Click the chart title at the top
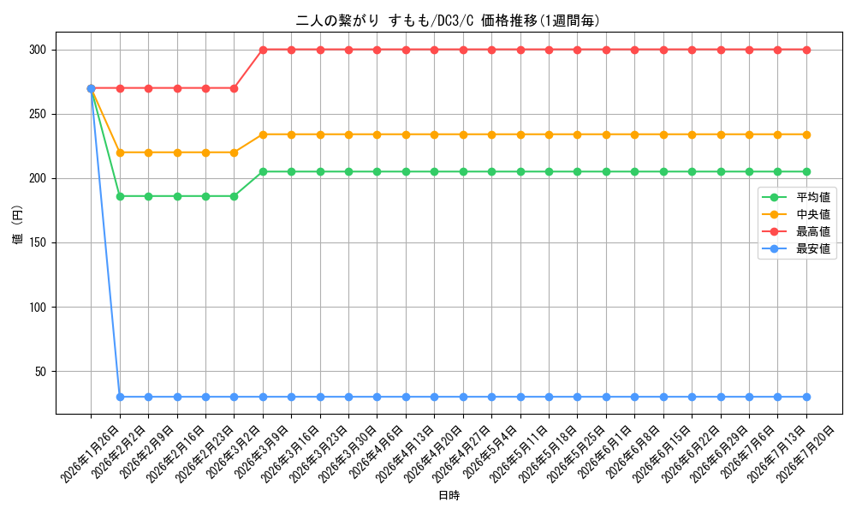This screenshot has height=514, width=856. point(448,21)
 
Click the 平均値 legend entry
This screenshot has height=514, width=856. point(797,197)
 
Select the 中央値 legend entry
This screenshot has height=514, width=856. point(797,215)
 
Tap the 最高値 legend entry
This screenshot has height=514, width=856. point(797,232)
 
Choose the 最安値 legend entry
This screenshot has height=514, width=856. point(797,249)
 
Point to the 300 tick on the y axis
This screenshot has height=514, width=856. point(38,51)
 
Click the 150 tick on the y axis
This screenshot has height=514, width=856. point(38,243)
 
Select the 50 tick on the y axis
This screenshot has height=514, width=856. point(41,372)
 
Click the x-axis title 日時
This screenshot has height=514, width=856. point(449,495)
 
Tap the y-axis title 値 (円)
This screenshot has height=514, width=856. point(18,224)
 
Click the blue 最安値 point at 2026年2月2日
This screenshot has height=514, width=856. point(120,397)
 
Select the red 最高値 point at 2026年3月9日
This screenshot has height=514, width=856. point(263,51)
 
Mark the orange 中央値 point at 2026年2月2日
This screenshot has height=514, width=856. point(120,153)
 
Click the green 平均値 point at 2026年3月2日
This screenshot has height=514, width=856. point(235,197)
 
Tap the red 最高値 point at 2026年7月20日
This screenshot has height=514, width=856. point(806,51)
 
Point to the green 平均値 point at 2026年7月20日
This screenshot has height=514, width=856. point(806,172)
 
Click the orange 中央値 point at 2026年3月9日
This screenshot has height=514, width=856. point(263,134)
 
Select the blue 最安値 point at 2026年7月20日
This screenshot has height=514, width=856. point(806,397)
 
